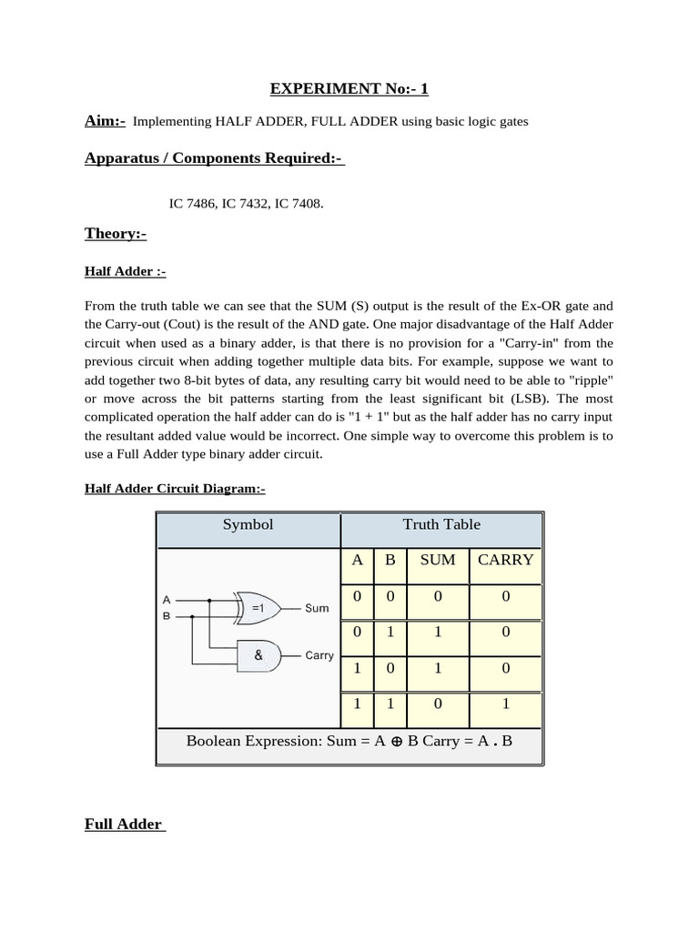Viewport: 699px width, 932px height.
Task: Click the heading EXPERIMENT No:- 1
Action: tap(349, 88)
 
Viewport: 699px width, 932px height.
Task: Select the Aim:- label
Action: tap(105, 122)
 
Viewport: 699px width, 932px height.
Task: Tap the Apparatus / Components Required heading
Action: tap(214, 158)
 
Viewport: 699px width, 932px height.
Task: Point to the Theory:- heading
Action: tap(116, 234)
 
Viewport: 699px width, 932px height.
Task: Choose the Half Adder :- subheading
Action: tap(125, 272)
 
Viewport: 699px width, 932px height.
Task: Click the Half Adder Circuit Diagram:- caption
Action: tap(175, 489)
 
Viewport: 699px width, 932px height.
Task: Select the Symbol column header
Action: tap(248, 524)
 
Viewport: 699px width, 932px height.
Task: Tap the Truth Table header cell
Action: tap(441, 524)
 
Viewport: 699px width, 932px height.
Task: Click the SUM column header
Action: tap(437, 560)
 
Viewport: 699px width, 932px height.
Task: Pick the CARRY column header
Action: tap(505, 560)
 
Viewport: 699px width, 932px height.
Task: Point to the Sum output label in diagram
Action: tap(317, 607)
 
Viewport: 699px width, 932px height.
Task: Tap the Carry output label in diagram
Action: tap(319, 655)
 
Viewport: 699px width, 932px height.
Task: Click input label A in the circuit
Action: tap(166, 600)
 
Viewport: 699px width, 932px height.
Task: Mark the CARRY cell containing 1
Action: tap(505, 704)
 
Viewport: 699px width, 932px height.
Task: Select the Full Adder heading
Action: tap(123, 825)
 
